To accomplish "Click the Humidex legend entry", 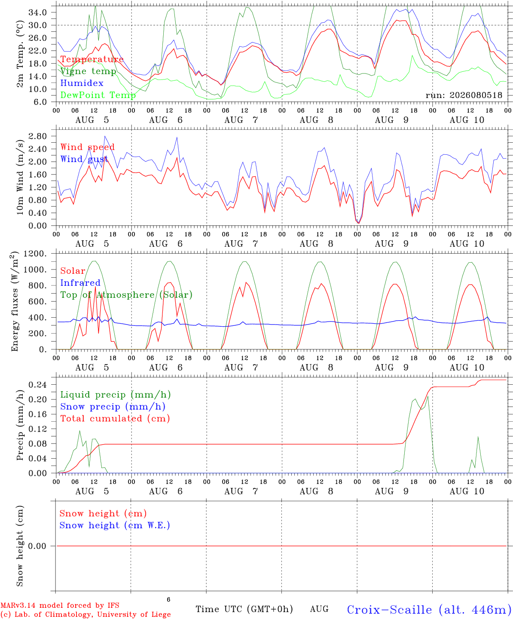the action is tap(82, 83).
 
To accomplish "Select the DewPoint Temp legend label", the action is tap(98, 95).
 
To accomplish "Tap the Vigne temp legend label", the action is tap(89, 71).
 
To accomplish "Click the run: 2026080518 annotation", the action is tap(464, 95).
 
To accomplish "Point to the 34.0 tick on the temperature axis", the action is tap(38, 12).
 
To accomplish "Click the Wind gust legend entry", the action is tap(84, 159).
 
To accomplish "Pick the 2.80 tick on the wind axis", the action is tap(38, 136).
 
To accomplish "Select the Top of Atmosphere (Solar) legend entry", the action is tap(127, 295).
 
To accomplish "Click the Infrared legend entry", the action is tap(80, 282).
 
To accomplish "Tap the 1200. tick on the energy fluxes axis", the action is tap(35, 254).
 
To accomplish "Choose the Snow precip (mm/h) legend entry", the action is tap(113, 407).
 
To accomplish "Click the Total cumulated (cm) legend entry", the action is tap(115, 418).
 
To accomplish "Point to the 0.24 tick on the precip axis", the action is tap(38, 385).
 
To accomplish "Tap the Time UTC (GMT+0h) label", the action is tap(244, 609).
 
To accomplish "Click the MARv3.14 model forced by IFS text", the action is tap(60, 605).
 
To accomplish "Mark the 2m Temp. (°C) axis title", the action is tap(20, 54).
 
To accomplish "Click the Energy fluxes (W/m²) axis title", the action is tap(15, 301).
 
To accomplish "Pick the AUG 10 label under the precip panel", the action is tap(467, 491).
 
